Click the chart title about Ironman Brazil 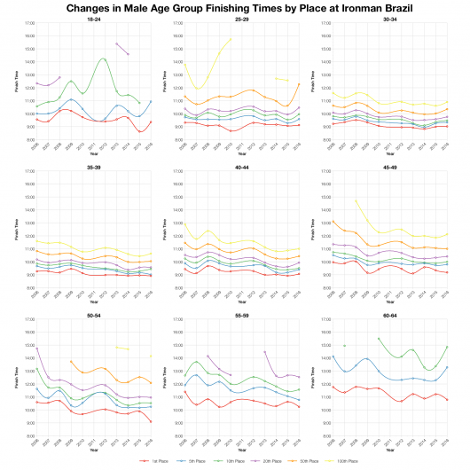235,7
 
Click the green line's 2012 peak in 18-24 105,59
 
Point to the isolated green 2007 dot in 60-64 344,345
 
